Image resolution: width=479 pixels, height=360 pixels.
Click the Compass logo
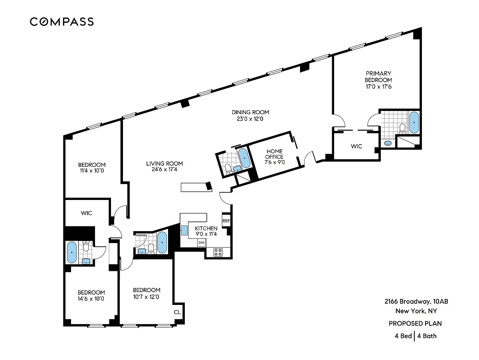tap(62, 22)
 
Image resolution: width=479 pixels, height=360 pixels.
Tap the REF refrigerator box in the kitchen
tap(226, 221)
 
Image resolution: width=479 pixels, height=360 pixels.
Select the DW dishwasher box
tap(202, 243)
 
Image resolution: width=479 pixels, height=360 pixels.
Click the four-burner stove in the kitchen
tap(218, 252)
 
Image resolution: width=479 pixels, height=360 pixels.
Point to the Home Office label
tap(275, 154)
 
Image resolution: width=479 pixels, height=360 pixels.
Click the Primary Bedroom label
tap(378, 77)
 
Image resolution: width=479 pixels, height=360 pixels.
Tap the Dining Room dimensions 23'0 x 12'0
tap(250, 119)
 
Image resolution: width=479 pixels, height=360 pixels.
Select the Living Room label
tap(164, 163)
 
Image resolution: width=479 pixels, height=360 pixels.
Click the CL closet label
tap(177, 312)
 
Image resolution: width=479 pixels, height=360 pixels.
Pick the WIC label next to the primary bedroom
tap(356, 146)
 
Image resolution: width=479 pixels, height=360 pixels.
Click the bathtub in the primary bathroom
tap(414, 123)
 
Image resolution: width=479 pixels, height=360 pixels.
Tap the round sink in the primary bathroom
tap(388, 143)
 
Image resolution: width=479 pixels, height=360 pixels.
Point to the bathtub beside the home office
tap(244, 158)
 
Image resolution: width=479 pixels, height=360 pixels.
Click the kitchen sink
tap(184, 230)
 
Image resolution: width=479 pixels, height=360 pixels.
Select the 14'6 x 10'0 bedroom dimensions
tap(91, 299)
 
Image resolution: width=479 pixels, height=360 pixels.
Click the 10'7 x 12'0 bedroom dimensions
tap(146, 297)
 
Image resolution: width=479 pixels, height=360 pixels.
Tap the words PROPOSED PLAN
tap(415, 323)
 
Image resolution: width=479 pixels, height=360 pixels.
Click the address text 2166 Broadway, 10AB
tap(416, 301)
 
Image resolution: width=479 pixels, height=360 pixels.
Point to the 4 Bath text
tap(427, 336)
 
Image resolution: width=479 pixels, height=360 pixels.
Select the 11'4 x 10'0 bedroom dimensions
tap(92, 170)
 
